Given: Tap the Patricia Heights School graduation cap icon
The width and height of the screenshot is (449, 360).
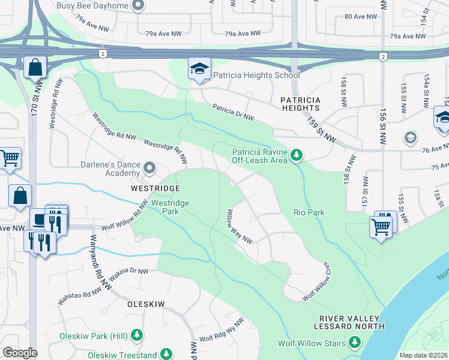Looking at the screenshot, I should [x=198, y=70].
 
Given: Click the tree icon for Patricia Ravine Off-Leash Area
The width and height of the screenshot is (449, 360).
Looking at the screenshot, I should [x=296, y=156].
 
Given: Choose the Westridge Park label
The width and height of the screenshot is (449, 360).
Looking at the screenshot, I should [x=170, y=207].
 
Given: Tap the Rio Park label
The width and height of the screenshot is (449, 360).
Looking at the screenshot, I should [x=309, y=212].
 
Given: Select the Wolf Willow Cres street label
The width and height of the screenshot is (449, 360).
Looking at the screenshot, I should [x=316, y=281].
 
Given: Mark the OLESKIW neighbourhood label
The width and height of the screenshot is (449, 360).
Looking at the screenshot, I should [x=146, y=304].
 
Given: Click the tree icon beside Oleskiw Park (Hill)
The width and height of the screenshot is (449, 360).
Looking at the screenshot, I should [x=137, y=335].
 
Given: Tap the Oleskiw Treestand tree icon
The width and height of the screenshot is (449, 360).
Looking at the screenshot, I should [x=166, y=355].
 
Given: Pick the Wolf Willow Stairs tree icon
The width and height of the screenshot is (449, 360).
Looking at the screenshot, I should [x=355, y=343].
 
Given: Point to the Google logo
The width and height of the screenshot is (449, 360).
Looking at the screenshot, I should [x=20, y=353].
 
